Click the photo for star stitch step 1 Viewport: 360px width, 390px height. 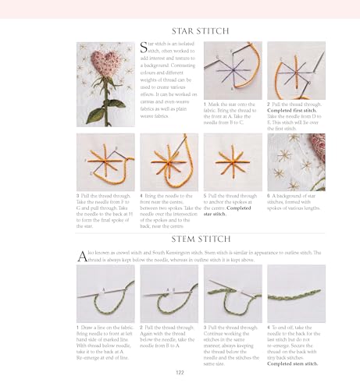click(x=233, y=71)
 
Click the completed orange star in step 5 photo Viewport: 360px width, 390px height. click(x=231, y=161)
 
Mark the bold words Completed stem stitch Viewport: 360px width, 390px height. click(x=293, y=363)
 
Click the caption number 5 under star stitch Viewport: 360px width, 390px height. click(x=204, y=195)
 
